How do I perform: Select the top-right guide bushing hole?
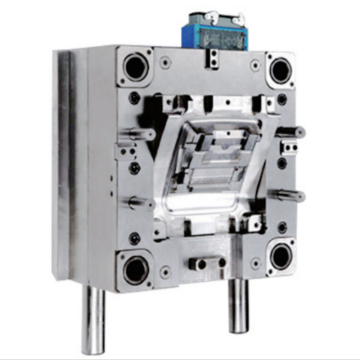(x=280, y=70)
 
